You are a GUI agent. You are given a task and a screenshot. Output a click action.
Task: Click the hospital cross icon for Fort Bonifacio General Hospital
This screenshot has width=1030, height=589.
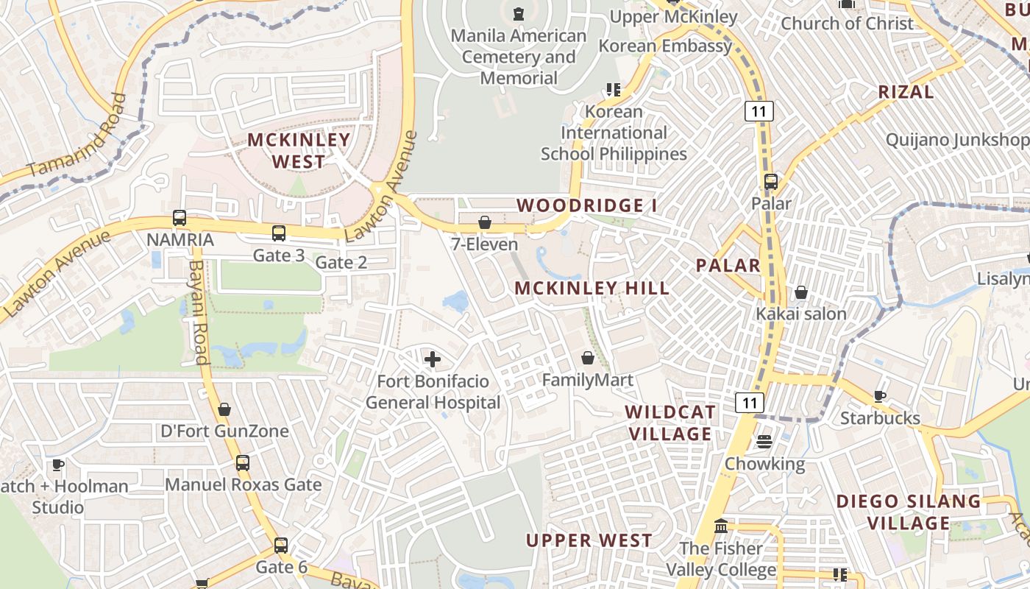tap(433, 359)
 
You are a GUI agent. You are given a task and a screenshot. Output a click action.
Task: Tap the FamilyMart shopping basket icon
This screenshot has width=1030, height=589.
tap(588, 359)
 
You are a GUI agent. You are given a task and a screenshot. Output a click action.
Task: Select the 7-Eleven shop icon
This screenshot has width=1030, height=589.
tap(485, 222)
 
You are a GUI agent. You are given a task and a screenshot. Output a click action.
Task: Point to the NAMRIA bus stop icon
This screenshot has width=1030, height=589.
tap(180, 218)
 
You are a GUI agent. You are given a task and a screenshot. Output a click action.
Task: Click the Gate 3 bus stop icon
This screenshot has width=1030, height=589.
tap(279, 233)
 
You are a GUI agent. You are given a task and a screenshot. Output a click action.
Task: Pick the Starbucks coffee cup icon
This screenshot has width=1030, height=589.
tap(880, 397)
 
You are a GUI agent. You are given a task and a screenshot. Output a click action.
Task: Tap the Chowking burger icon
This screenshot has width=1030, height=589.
tap(764, 442)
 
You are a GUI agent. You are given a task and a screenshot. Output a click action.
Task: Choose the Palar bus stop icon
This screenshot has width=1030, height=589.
tap(771, 182)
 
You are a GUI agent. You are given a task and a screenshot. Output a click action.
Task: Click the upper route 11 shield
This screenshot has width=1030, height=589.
tap(759, 111)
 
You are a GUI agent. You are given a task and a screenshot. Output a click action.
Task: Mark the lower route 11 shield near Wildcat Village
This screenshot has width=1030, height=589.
tap(750, 403)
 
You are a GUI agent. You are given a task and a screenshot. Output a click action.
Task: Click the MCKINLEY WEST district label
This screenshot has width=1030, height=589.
tap(299, 150)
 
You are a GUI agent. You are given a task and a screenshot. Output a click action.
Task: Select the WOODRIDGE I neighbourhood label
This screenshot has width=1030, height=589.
tap(586, 205)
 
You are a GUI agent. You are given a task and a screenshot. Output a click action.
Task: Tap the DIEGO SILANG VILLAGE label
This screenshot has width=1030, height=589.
tap(909, 512)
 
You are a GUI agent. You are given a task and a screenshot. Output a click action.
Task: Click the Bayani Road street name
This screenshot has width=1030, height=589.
tap(198, 313)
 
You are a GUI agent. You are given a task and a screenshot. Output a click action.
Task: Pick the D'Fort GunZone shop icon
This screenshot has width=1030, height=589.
tap(224, 409)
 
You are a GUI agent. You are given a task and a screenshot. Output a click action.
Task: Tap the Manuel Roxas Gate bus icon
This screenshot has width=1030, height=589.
tap(243, 463)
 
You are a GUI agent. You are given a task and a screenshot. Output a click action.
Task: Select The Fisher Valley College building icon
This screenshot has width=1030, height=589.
tap(721, 527)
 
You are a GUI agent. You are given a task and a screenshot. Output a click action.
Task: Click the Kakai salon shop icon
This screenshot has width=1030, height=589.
tap(801, 293)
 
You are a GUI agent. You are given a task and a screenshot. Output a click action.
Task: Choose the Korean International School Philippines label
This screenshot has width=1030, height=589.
tap(614, 133)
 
